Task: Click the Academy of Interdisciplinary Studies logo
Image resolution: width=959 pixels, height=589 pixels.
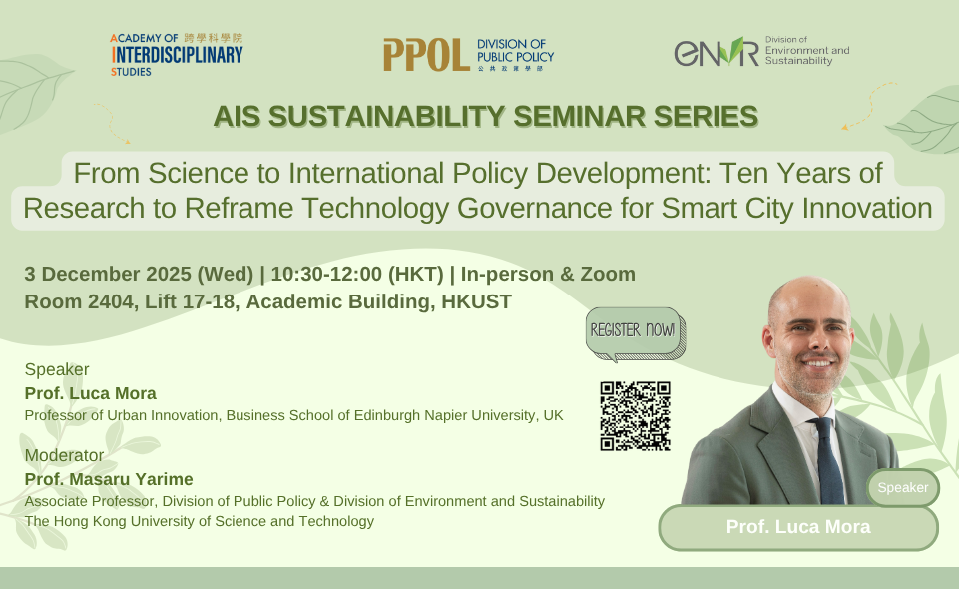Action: coord(177,55)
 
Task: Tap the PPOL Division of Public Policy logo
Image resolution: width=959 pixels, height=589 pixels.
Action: coord(468,55)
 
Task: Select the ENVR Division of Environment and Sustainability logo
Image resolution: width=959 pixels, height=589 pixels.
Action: coord(761,51)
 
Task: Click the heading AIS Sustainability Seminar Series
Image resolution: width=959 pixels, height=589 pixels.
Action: coord(485,117)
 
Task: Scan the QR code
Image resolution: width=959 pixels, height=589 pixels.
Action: coord(635,416)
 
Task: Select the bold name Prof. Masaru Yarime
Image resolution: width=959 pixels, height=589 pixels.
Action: coord(109,479)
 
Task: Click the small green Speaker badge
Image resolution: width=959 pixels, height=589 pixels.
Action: coord(903,488)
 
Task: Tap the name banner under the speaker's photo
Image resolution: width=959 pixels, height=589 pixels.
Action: coord(797,527)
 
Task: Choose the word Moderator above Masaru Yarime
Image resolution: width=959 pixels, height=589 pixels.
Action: coord(64,455)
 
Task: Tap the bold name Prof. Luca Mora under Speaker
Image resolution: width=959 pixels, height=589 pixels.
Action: coord(91,393)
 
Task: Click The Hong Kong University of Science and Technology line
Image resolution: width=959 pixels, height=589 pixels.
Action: coord(200,521)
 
